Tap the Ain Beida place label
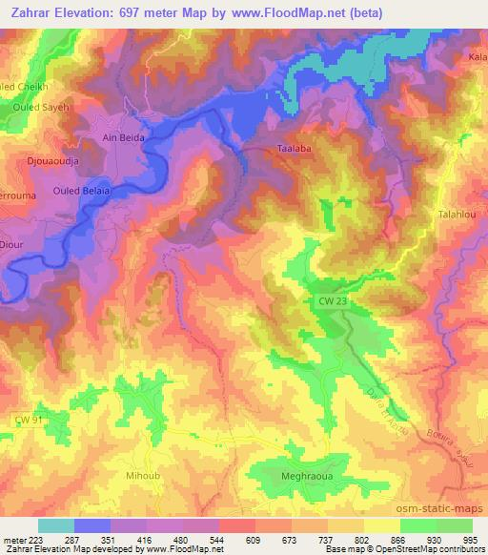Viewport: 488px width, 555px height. [x=123, y=137]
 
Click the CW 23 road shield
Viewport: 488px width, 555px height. [x=325, y=301]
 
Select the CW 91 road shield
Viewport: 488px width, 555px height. [x=30, y=419]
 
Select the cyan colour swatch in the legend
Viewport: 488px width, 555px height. [x=56, y=525]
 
